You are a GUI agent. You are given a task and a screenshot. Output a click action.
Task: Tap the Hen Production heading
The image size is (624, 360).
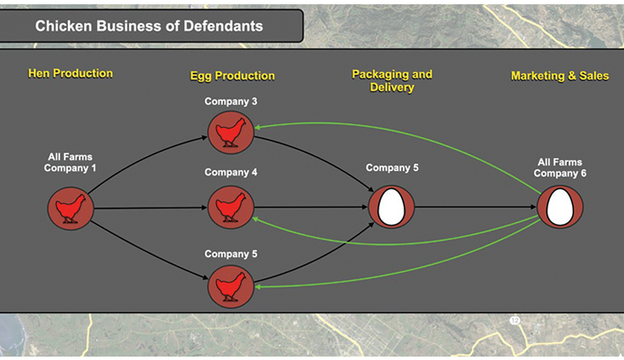coord(71,73)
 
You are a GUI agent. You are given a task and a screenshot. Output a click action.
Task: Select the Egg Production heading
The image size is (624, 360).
coord(232,76)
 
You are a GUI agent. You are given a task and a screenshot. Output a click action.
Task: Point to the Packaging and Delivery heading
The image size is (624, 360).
coord(392,80)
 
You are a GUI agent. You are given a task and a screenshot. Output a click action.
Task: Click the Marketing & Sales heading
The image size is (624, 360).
coord(559,76)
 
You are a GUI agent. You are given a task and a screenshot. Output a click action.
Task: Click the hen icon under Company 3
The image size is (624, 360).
coord(231,134)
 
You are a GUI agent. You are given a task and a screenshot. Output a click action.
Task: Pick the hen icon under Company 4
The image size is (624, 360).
coord(231,207)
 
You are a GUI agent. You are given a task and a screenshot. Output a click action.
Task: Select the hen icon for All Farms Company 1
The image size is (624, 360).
coord(71,207)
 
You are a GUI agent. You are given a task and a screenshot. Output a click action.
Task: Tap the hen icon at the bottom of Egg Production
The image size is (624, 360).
coord(231,287)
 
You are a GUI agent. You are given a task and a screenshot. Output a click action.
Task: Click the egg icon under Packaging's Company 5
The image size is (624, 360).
coord(392,207)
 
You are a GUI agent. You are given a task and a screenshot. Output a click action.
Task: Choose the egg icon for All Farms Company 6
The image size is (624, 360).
coord(559,207)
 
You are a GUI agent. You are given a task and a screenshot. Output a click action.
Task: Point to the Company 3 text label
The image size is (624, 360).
coord(231,102)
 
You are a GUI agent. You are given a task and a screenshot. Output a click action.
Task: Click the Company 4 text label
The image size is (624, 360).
coord(231,173)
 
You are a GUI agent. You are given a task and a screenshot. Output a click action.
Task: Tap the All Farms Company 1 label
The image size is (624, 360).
coord(71,162)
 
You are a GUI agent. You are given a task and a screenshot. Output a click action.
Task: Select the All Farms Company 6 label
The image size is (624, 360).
coord(559,168)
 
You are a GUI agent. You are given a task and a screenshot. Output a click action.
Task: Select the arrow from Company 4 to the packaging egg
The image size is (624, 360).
coord(311,207)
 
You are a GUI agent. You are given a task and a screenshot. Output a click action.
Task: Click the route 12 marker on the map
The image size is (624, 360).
coord(514,320)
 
